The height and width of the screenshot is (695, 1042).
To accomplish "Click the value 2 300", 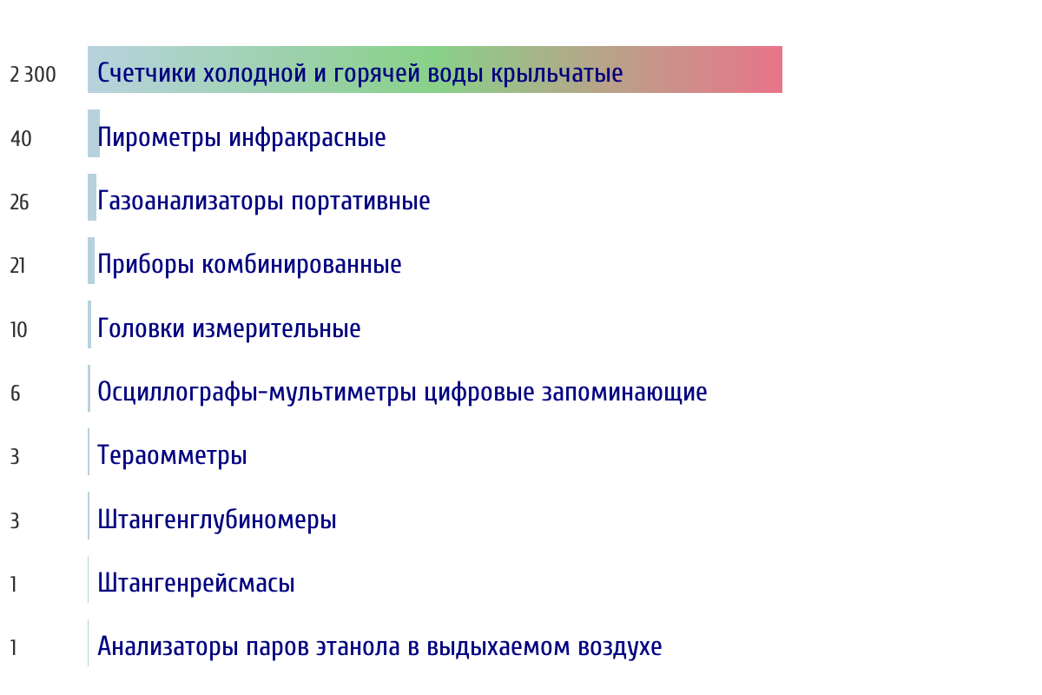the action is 33,75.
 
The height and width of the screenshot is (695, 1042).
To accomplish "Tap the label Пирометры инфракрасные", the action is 241,138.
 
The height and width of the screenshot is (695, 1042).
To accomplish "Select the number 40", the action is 21,139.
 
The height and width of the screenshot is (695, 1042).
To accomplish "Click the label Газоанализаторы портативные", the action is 264,202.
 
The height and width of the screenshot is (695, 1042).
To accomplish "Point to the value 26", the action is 19,202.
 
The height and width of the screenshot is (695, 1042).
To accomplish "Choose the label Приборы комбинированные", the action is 249,265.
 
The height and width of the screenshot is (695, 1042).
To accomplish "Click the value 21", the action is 17,266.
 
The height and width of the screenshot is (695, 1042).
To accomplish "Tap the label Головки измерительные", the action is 229,328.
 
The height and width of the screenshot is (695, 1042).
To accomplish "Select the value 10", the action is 18,330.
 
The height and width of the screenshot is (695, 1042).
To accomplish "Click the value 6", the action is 16,394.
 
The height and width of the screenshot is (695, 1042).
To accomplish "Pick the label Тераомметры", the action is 172,456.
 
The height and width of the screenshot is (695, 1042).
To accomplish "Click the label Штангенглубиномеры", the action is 217,520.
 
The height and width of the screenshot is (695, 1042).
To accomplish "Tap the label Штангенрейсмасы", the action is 196,583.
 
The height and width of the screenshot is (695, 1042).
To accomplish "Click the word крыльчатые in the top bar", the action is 557,75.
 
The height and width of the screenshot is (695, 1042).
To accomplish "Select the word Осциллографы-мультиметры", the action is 257,393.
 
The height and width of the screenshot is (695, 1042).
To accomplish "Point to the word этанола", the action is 358,647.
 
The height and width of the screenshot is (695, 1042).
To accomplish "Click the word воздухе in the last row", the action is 620,647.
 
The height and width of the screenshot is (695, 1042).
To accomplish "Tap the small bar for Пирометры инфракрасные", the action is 94,134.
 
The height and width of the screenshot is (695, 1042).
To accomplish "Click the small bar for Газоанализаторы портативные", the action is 92,197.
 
